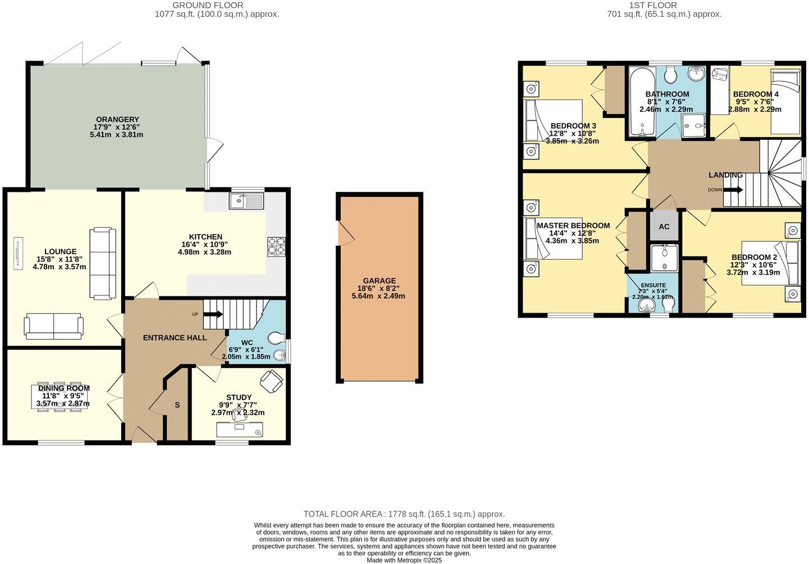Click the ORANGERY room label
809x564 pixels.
click(x=117, y=120)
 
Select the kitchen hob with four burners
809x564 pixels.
click(x=276, y=247)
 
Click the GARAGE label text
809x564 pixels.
click(x=379, y=281)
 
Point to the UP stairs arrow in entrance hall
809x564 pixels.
click(x=213, y=315)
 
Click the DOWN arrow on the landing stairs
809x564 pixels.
click(x=733, y=190)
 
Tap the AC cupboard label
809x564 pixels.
click(x=664, y=227)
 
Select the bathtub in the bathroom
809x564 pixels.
click(x=639, y=103)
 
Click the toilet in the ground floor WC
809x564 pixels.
click(x=276, y=338)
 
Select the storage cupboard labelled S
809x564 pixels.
click(x=177, y=405)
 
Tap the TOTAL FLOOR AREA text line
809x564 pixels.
click(x=404, y=513)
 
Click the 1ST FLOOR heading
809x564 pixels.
click(x=664, y=6)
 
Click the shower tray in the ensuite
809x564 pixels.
click(x=664, y=258)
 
